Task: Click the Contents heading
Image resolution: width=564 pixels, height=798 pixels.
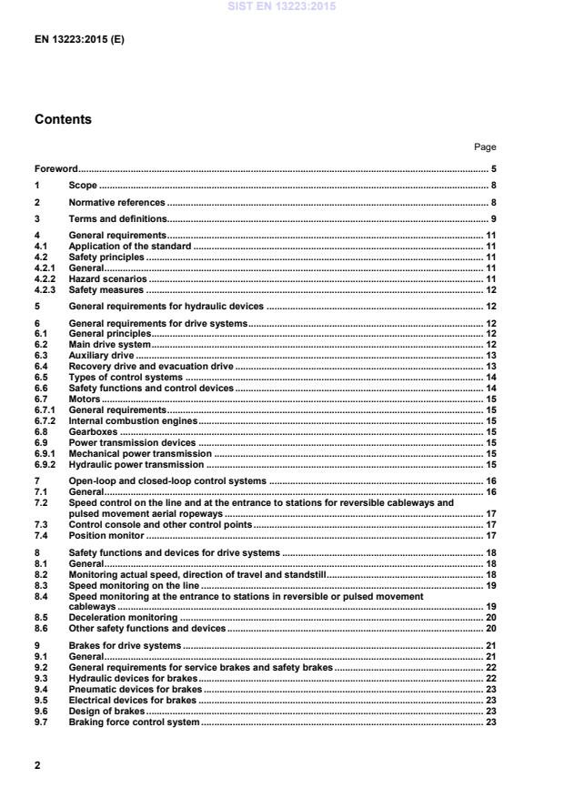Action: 63,119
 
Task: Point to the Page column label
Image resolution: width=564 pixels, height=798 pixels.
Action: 485,146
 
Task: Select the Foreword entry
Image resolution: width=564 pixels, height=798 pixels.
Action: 56,168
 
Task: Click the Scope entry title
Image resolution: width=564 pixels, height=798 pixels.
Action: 83,186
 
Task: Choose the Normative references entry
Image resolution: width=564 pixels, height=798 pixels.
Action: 117,202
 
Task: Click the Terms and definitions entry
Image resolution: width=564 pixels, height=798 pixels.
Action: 118,219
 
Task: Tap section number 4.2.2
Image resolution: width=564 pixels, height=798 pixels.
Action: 45,279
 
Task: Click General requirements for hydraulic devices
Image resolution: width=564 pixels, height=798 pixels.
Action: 166,307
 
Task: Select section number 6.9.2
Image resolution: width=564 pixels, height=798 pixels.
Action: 45,464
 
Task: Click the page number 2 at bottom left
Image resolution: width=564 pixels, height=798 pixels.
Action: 37,765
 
